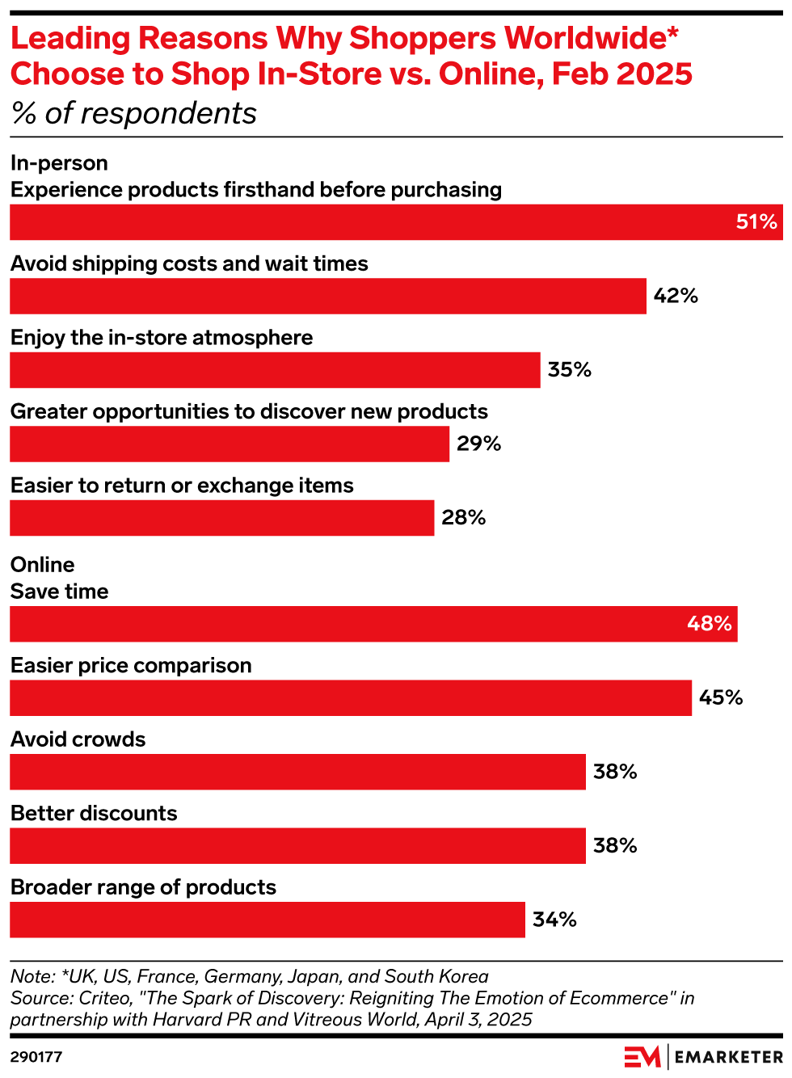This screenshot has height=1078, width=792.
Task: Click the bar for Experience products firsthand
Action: [396, 222]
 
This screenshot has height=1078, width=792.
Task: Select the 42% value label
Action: [676, 296]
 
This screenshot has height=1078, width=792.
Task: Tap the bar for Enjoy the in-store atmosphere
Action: [275, 370]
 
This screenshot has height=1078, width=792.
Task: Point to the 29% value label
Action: [479, 444]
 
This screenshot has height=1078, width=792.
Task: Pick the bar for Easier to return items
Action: [221, 518]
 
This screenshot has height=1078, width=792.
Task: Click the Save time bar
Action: [373, 624]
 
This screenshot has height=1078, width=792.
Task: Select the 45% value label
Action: [721, 697]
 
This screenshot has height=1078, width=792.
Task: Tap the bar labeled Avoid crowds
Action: [297, 772]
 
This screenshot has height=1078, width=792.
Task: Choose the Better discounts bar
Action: [297, 846]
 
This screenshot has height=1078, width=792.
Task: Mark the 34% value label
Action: [554, 920]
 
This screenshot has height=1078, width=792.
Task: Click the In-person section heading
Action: [59, 163]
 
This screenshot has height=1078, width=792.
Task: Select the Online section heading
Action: [42, 565]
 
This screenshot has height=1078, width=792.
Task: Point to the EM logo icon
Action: [642, 1056]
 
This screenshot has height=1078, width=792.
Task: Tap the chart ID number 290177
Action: [36, 1057]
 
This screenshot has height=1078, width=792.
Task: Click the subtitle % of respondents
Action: [134, 114]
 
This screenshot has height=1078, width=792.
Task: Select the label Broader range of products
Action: [143, 887]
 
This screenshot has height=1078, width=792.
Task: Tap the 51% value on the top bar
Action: [756, 222]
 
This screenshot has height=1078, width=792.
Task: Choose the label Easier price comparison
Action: [131, 666]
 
